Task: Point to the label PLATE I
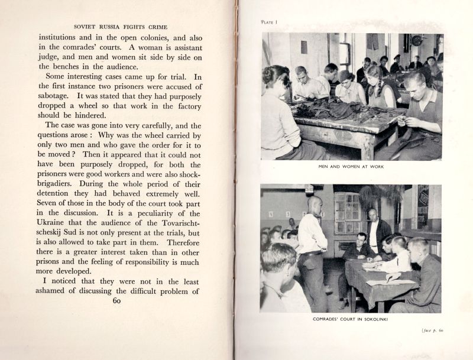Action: (269, 22)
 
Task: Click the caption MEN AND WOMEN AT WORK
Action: (351, 167)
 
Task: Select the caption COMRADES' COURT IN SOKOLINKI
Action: (352, 319)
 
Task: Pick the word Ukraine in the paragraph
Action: (63, 224)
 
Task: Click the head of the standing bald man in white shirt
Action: (314, 205)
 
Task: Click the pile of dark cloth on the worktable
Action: (322, 109)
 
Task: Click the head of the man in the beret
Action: (345, 76)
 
